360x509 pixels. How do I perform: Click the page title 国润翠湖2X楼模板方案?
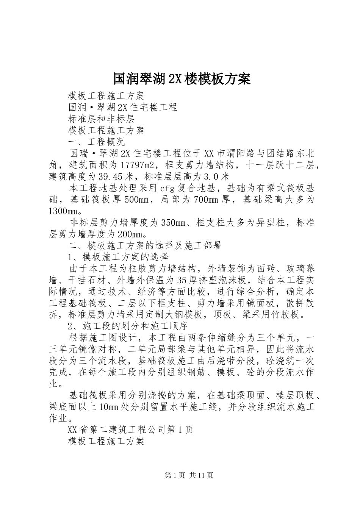tap(182, 79)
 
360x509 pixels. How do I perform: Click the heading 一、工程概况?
tap(96, 142)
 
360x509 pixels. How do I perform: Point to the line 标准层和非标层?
tap(101, 119)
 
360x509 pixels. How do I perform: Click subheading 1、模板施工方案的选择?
tap(118, 257)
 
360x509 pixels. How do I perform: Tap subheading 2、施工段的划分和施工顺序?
tap(130, 326)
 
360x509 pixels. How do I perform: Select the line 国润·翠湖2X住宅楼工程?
tap(123, 107)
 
